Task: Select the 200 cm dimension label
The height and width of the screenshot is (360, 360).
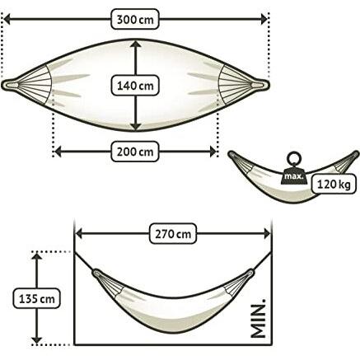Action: (135, 151)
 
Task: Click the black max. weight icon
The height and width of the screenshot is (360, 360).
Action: (292, 173)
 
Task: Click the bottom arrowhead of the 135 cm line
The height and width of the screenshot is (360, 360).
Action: (35, 339)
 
